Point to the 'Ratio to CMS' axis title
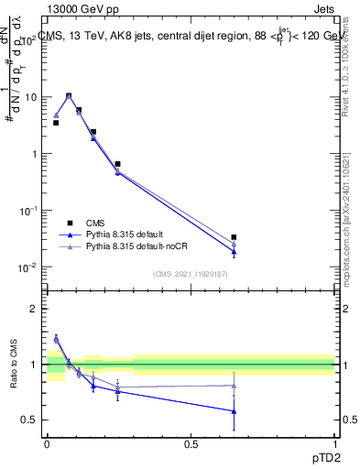pos(14,364)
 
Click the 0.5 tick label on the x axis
pos(191,442)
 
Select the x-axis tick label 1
pos(335,442)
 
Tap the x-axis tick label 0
pos(47,442)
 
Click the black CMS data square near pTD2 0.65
pos(235,237)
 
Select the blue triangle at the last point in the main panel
pos(235,252)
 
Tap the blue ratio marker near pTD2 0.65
pos(235,411)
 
